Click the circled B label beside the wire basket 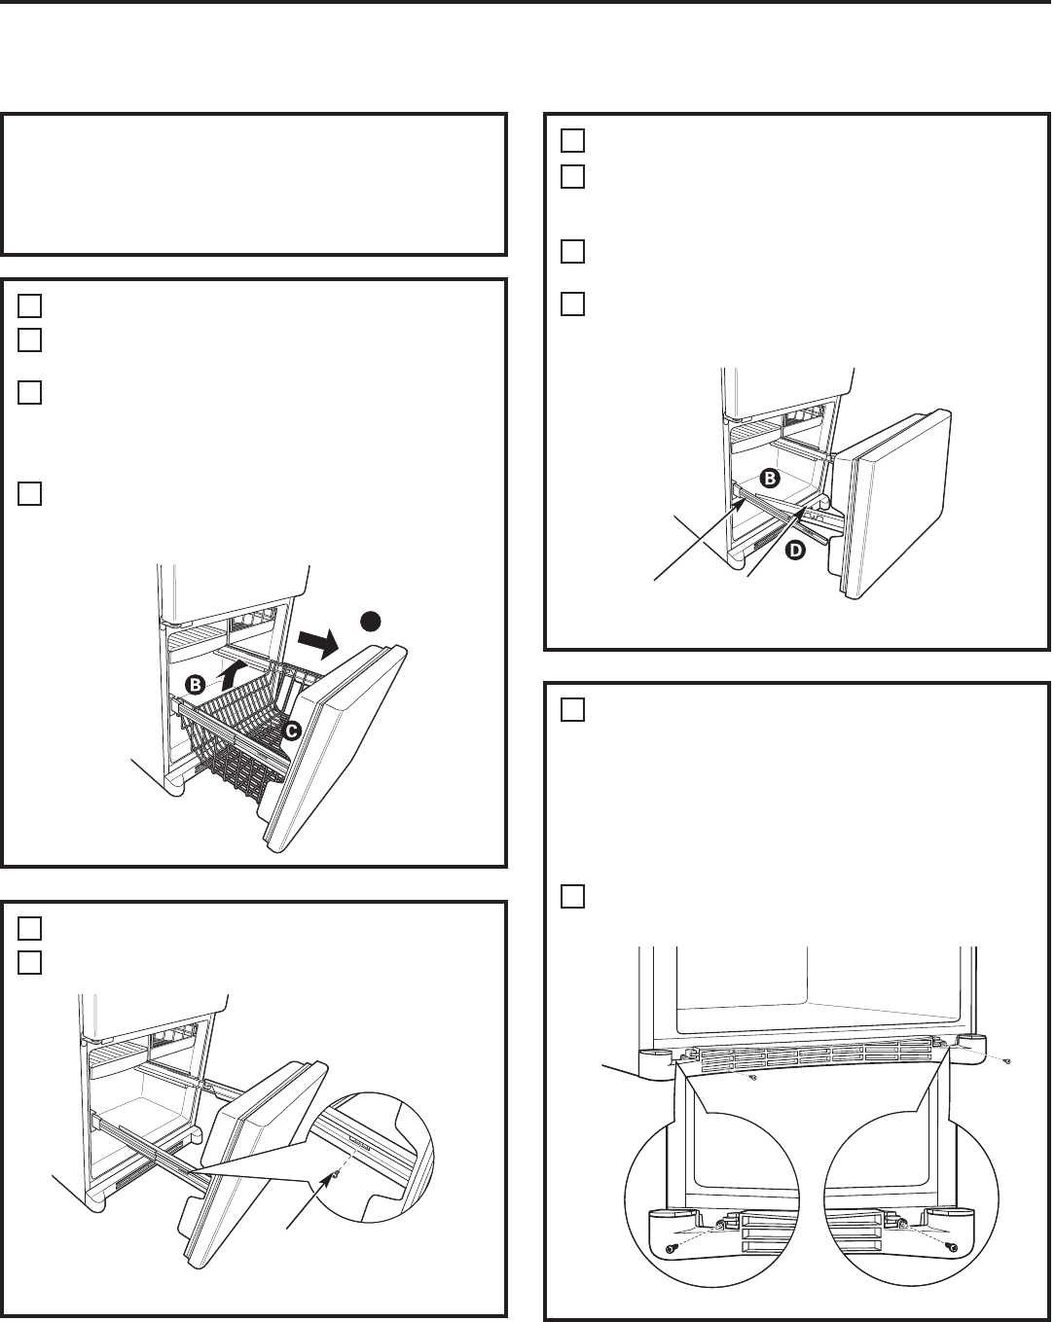pos(196,684)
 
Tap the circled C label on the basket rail pos(291,731)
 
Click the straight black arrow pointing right pos(318,643)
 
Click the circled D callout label pos(795,551)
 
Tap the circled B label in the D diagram pos(769,478)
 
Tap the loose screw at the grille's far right pos(1006,1061)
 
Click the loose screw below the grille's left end pos(754,1077)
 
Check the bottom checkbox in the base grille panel pos(572,897)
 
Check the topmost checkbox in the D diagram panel pos(572,141)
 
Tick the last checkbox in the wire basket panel pos(29,494)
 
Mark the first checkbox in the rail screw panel pos(29,929)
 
